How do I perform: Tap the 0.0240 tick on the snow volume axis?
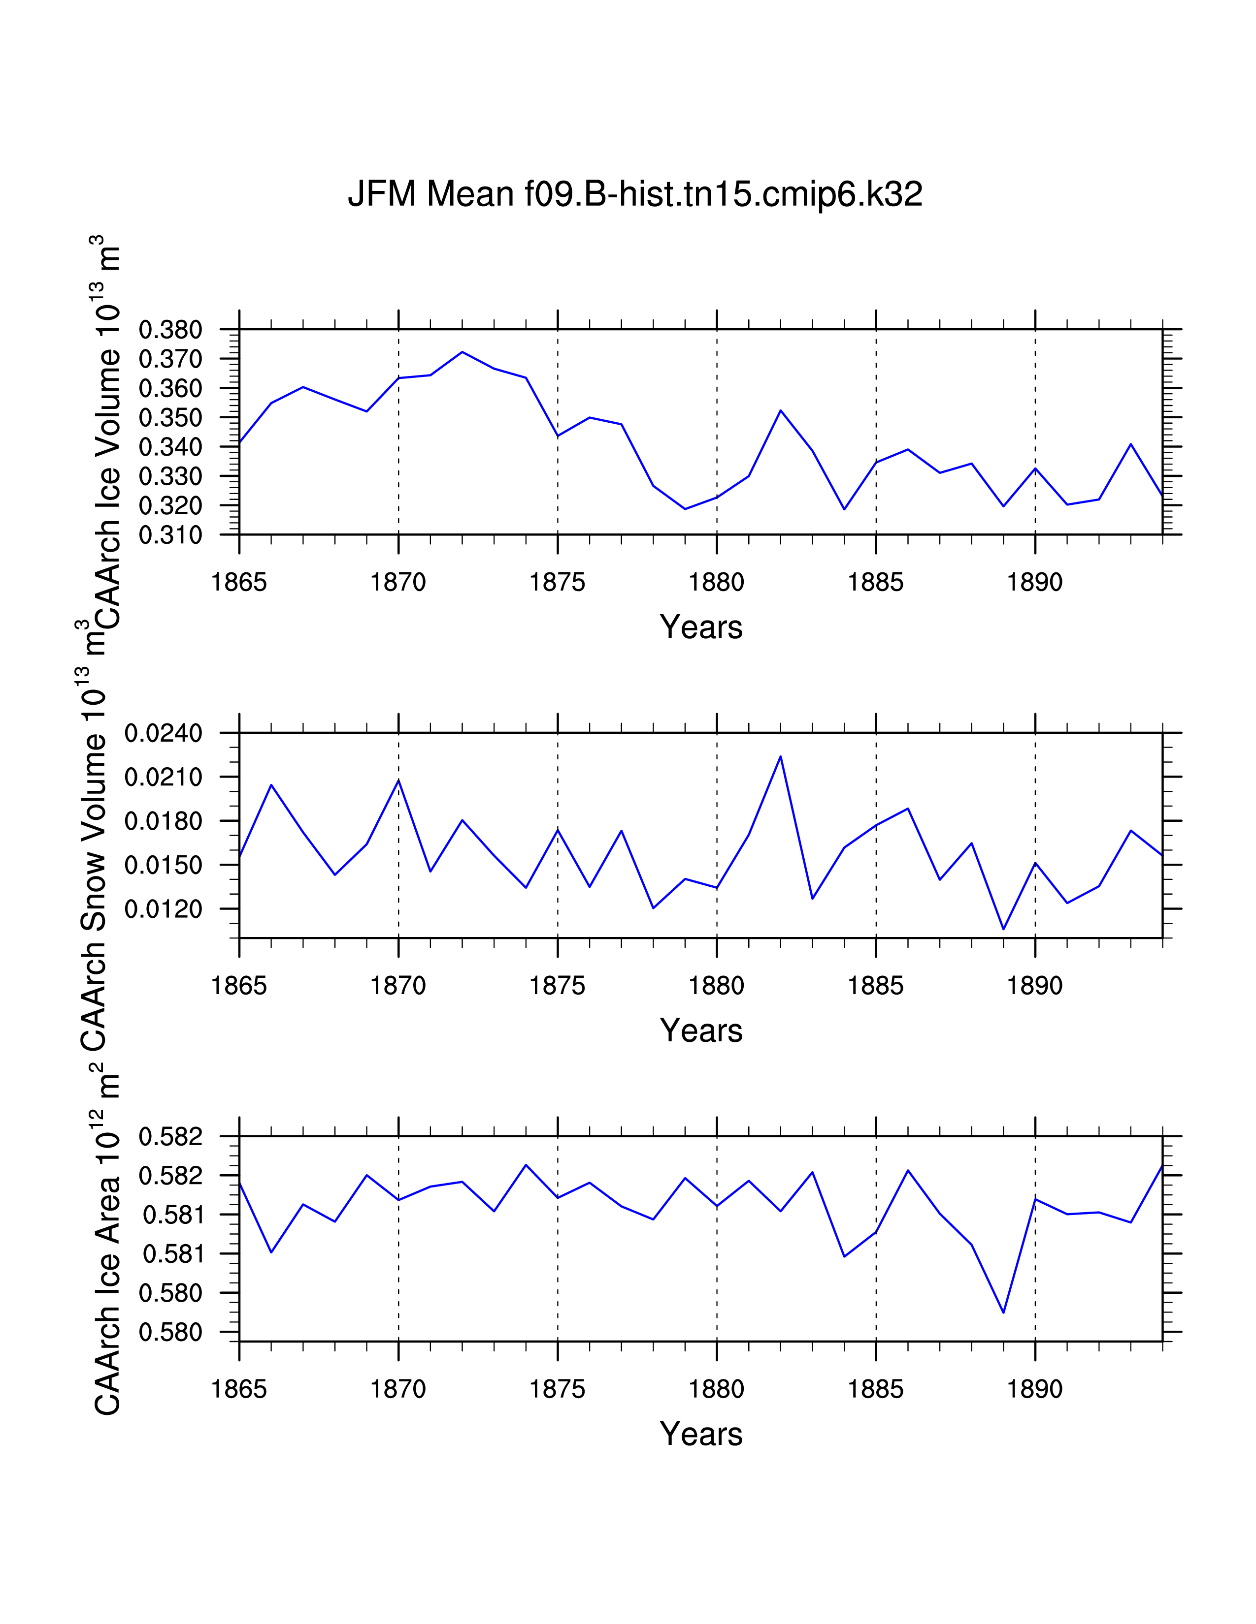point(163,733)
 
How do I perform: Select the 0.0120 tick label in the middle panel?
point(163,908)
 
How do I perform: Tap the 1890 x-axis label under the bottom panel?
point(1034,1389)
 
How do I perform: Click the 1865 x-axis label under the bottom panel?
point(239,1389)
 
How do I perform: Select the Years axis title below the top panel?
point(701,627)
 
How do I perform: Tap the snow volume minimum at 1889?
point(1003,929)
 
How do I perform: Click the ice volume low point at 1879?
point(685,509)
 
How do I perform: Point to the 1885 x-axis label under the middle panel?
point(875,986)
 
